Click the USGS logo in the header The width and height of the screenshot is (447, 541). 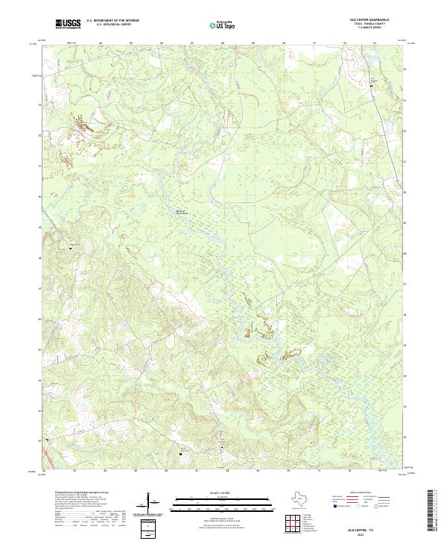coord(69,24)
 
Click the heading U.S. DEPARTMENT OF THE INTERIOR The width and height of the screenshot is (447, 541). coord(112,21)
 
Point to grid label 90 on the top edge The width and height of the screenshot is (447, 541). coord(284,43)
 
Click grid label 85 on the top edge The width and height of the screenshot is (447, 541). coord(130,43)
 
